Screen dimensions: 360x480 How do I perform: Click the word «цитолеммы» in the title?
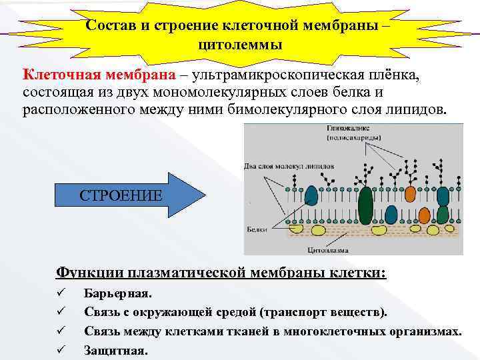pyautogui.click(x=240, y=45)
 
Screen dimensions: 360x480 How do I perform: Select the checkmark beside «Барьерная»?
pyautogui.click(x=60, y=293)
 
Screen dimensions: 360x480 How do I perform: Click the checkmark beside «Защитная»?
pyautogui.click(x=60, y=349)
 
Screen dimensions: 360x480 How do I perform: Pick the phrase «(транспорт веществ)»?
pyautogui.click(x=323, y=312)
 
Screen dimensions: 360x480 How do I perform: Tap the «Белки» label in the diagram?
pyautogui.click(x=255, y=229)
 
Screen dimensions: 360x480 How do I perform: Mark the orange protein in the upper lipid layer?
pyautogui.click(x=409, y=194)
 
